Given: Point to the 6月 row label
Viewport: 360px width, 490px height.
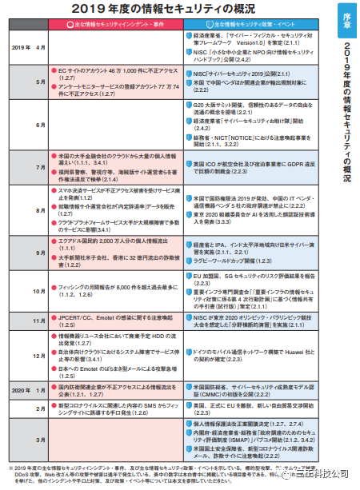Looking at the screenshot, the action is (x=41, y=125).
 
